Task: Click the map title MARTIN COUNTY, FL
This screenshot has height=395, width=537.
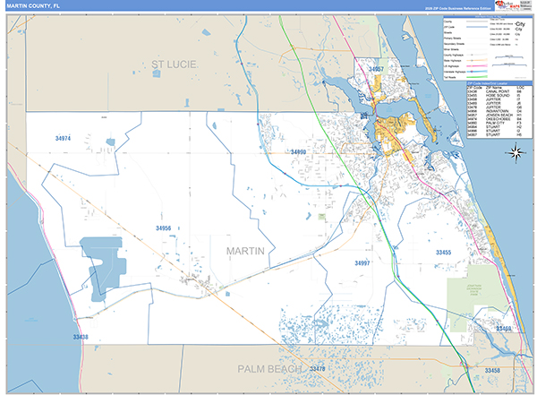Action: click(32, 5)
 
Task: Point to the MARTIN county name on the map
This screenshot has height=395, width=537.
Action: click(245, 251)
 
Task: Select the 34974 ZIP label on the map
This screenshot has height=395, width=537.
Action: click(62, 139)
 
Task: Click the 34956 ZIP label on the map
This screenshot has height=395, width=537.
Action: click(163, 229)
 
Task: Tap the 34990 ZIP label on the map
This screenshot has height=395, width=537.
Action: click(298, 152)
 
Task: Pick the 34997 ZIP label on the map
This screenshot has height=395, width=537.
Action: click(362, 263)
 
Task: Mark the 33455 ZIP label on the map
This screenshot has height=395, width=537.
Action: click(444, 253)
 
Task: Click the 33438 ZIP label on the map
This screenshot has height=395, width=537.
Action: click(81, 337)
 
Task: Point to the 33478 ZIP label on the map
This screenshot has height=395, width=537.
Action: click(318, 369)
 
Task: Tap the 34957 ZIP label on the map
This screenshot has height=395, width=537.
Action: click(376, 69)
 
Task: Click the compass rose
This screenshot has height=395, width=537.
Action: click(516, 151)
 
